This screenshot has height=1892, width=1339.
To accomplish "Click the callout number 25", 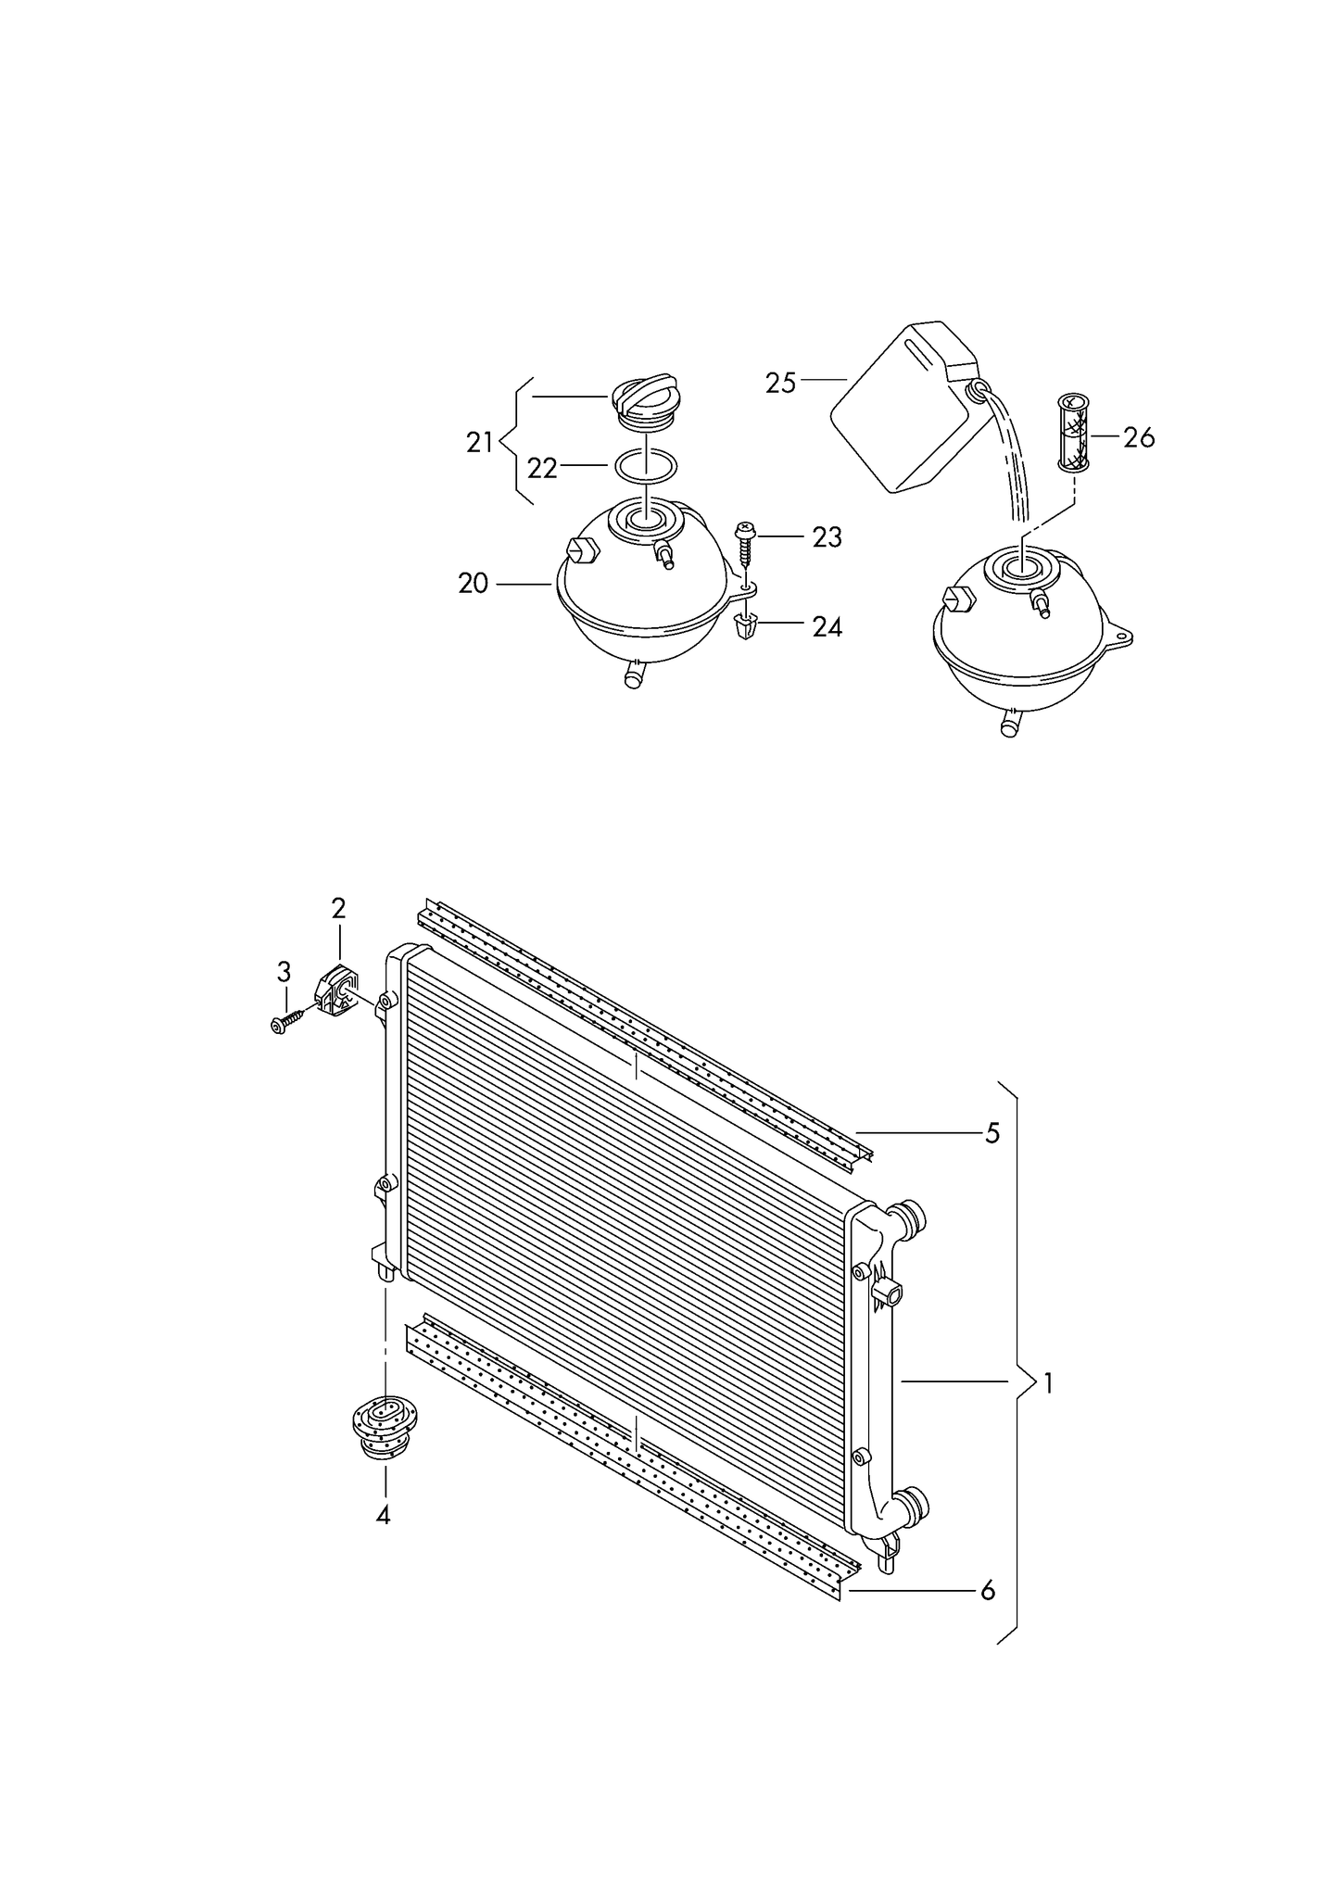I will point(780,383).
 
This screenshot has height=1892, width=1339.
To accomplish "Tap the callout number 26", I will point(1139,437).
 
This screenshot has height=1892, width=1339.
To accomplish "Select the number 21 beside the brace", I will point(479,443).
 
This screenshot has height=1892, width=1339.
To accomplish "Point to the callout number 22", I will point(542,469).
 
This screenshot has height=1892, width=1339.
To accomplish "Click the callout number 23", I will point(827,537).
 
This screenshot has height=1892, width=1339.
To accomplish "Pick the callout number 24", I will point(827,627).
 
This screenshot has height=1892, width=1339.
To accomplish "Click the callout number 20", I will point(473,584).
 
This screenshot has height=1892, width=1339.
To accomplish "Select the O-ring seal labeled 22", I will point(646,465).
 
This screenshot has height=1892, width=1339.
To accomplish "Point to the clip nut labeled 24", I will point(747,627).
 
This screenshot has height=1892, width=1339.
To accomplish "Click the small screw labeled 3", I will point(286,1021).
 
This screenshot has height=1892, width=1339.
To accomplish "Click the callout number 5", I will point(992,1133).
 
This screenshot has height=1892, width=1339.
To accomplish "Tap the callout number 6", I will point(988,1591).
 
